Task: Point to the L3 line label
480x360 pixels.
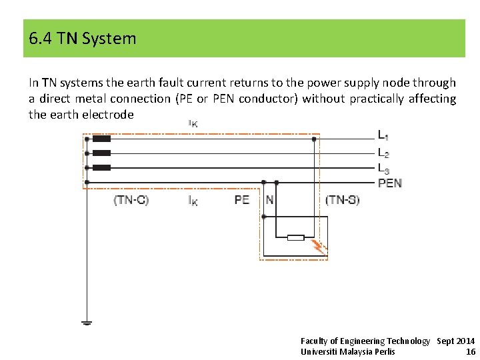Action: pos(383,168)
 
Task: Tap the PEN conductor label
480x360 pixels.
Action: pos(390,183)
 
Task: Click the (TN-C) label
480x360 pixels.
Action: pos(131,200)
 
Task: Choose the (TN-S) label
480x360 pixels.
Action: pos(342,200)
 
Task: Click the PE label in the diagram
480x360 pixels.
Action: pos(242,200)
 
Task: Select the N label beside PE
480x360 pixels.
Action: pos(269,200)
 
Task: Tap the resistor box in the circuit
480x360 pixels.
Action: pos(295,237)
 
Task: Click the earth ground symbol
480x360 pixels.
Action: pos(87,323)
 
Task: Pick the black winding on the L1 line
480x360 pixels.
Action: pos(101,139)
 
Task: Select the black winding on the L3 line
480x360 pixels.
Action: pos(101,167)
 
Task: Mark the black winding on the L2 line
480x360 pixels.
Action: pos(101,153)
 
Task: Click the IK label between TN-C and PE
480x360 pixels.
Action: pos(193,201)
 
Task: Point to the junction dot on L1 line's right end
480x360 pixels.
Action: pos(314,139)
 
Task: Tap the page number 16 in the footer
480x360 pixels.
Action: pos(471,351)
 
